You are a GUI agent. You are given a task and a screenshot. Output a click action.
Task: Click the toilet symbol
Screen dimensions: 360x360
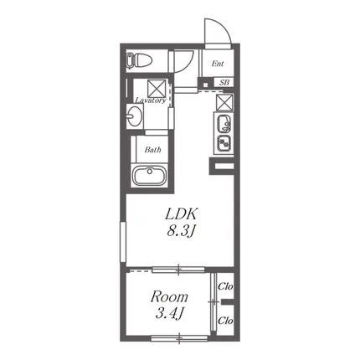coord(139,61)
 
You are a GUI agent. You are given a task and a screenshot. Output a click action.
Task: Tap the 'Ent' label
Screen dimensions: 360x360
coord(218,64)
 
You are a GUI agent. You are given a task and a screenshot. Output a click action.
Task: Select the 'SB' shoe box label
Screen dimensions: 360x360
coord(224,82)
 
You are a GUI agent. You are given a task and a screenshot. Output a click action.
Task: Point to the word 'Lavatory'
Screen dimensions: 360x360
coord(151,100)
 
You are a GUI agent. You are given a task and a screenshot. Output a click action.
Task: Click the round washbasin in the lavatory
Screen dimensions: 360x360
coord(134,116)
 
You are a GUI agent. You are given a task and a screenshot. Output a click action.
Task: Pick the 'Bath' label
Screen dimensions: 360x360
coord(152,150)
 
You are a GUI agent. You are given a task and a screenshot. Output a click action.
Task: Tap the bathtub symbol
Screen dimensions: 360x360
coord(149,176)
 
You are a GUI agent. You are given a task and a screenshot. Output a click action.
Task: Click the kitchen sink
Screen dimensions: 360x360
coord(224,123)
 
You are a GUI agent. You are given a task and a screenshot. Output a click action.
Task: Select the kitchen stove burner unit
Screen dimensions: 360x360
coord(224,143)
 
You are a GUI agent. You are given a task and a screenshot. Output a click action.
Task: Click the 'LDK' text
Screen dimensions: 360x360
coord(182,214)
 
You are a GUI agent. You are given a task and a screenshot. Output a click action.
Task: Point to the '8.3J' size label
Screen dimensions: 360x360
coord(181,231)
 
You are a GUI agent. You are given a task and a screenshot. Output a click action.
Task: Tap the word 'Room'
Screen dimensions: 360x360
coord(169,297)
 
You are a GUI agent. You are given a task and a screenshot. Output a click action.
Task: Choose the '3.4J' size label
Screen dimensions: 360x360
coord(169,314)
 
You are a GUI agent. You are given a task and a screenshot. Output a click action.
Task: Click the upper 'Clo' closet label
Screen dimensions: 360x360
coord(225,286)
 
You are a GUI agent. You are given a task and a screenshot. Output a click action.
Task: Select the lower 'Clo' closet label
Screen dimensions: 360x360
coord(225,321)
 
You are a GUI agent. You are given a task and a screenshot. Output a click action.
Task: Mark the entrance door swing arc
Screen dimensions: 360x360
coord(224,26)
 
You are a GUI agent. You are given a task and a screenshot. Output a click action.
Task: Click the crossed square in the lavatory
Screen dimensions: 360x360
coord(157,88)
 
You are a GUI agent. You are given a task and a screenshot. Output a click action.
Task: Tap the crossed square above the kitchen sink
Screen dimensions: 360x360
coord(224,102)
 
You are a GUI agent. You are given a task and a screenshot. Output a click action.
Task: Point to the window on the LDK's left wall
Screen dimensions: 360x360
coord(123,242)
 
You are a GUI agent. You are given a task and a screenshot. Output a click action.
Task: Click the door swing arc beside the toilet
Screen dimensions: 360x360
coord(188,64)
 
